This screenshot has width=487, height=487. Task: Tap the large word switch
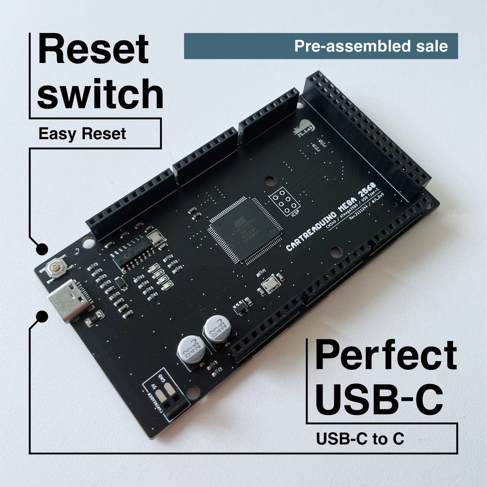(100, 94)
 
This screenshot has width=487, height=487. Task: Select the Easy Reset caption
(82, 134)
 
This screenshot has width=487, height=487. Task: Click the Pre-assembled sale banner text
(371, 46)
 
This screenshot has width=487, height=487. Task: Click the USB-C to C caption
(360, 438)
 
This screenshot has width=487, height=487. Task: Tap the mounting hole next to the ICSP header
(270, 180)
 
